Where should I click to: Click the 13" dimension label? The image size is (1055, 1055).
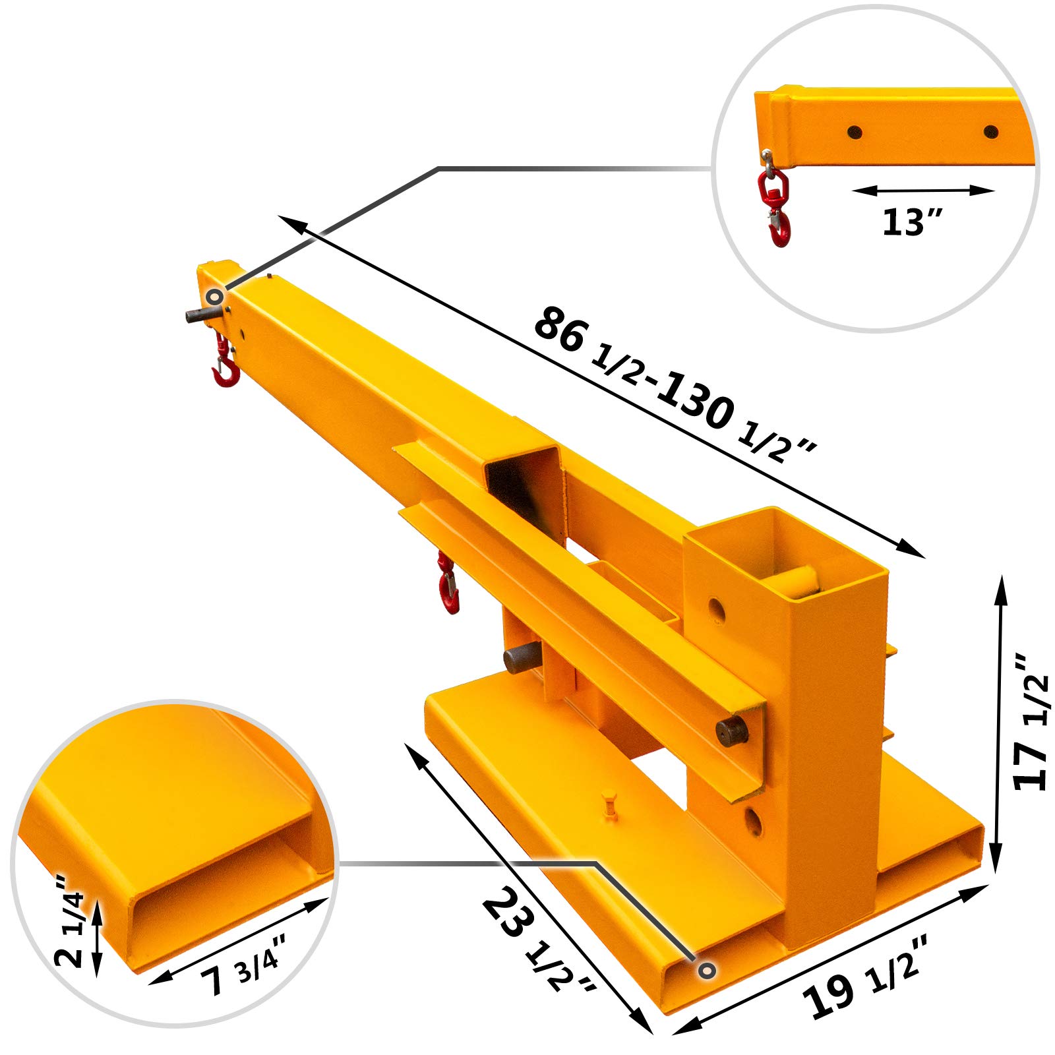click(x=913, y=222)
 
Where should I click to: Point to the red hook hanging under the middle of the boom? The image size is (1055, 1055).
click(x=448, y=586)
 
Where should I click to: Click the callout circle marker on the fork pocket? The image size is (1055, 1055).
click(x=707, y=970)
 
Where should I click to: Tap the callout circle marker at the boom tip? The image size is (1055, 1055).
click(x=214, y=297)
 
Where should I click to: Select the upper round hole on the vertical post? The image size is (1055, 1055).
click(x=715, y=610)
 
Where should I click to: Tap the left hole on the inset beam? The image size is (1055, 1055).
click(x=855, y=132)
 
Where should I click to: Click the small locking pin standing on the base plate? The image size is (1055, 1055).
click(x=610, y=808)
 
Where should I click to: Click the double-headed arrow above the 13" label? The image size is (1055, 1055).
click(x=922, y=191)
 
